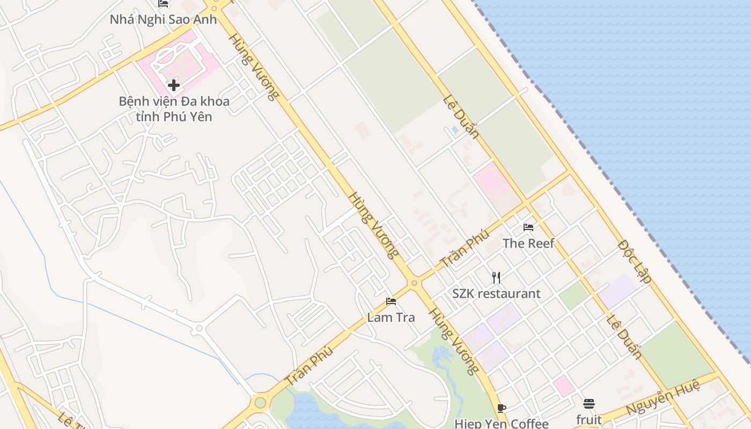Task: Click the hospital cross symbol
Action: tap(173, 85)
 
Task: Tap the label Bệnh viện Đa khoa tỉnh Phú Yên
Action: tap(174, 109)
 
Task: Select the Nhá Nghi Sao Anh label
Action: tap(163, 20)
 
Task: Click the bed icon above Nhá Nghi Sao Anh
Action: tap(163, 4)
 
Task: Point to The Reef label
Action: tap(528, 243)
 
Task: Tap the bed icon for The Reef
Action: tap(528, 227)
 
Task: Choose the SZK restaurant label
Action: tap(496, 294)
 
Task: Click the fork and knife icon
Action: tap(496, 278)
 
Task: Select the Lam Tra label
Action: tap(391, 317)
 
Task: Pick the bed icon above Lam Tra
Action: tap(391, 301)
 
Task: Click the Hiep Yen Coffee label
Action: tap(502, 424)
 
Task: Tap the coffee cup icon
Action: tap(502, 408)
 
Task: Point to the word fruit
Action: tap(589, 419)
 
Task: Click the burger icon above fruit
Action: tap(589, 404)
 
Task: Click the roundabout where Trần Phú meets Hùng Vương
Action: tap(414, 283)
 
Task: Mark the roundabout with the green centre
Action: tap(260, 402)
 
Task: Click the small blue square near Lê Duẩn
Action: tap(455, 130)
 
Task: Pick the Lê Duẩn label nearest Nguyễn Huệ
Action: tap(624, 337)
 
